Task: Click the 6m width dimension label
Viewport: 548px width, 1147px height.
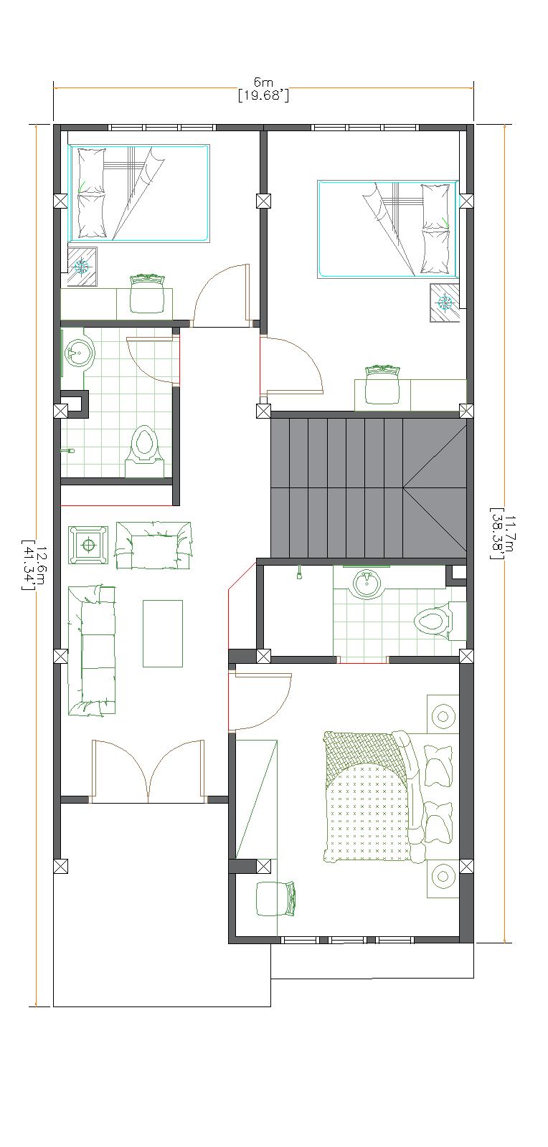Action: pyautogui.click(x=263, y=83)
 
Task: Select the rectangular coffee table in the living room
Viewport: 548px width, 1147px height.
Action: pyautogui.click(x=163, y=633)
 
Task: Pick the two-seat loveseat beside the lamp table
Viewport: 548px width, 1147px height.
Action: pyautogui.click(x=153, y=546)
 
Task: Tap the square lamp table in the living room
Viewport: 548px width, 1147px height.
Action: pyautogui.click(x=88, y=545)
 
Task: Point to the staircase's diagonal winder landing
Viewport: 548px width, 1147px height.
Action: pyautogui.click(x=434, y=487)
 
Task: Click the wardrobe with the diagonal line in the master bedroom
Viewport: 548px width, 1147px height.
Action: pyautogui.click(x=256, y=799)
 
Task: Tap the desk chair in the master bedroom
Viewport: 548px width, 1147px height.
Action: pyautogui.click(x=275, y=898)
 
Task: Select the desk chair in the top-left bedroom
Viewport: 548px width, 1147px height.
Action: pyautogui.click(x=147, y=295)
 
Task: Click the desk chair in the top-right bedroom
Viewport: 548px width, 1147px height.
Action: pyautogui.click(x=382, y=386)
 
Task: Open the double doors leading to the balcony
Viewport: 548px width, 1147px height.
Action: pyautogui.click(x=148, y=770)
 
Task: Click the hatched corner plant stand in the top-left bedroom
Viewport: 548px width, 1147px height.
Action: pyautogui.click(x=82, y=267)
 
